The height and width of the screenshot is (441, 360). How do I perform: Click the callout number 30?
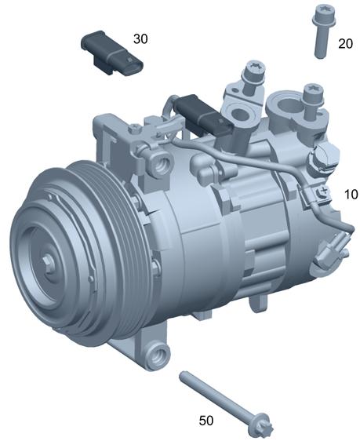tap(140, 38)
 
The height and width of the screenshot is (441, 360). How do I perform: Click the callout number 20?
tap(345, 44)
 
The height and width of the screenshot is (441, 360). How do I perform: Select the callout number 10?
tap(351, 194)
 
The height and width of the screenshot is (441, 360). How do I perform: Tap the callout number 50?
tap(206, 421)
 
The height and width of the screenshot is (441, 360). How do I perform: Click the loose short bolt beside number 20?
tap(322, 31)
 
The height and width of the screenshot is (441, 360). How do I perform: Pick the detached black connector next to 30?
tap(112, 53)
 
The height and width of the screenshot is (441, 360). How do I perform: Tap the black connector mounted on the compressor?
tap(203, 115)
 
